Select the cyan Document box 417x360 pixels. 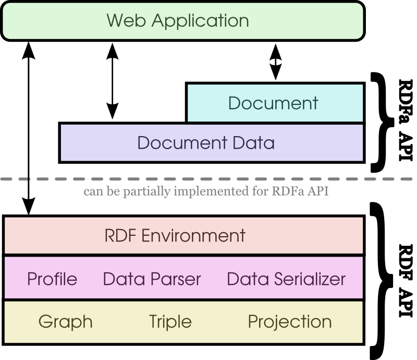[x=274, y=103]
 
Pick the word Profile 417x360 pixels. [x=52, y=279]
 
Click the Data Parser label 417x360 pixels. [x=152, y=279]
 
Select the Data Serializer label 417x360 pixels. [x=286, y=279]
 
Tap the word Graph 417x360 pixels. [x=66, y=321]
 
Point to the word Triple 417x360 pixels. [x=170, y=321]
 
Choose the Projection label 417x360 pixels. [x=290, y=321]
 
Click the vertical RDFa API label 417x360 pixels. [x=404, y=120]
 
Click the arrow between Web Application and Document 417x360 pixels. [x=275, y=62]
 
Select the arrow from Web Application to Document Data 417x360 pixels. [x=111, y=81]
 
